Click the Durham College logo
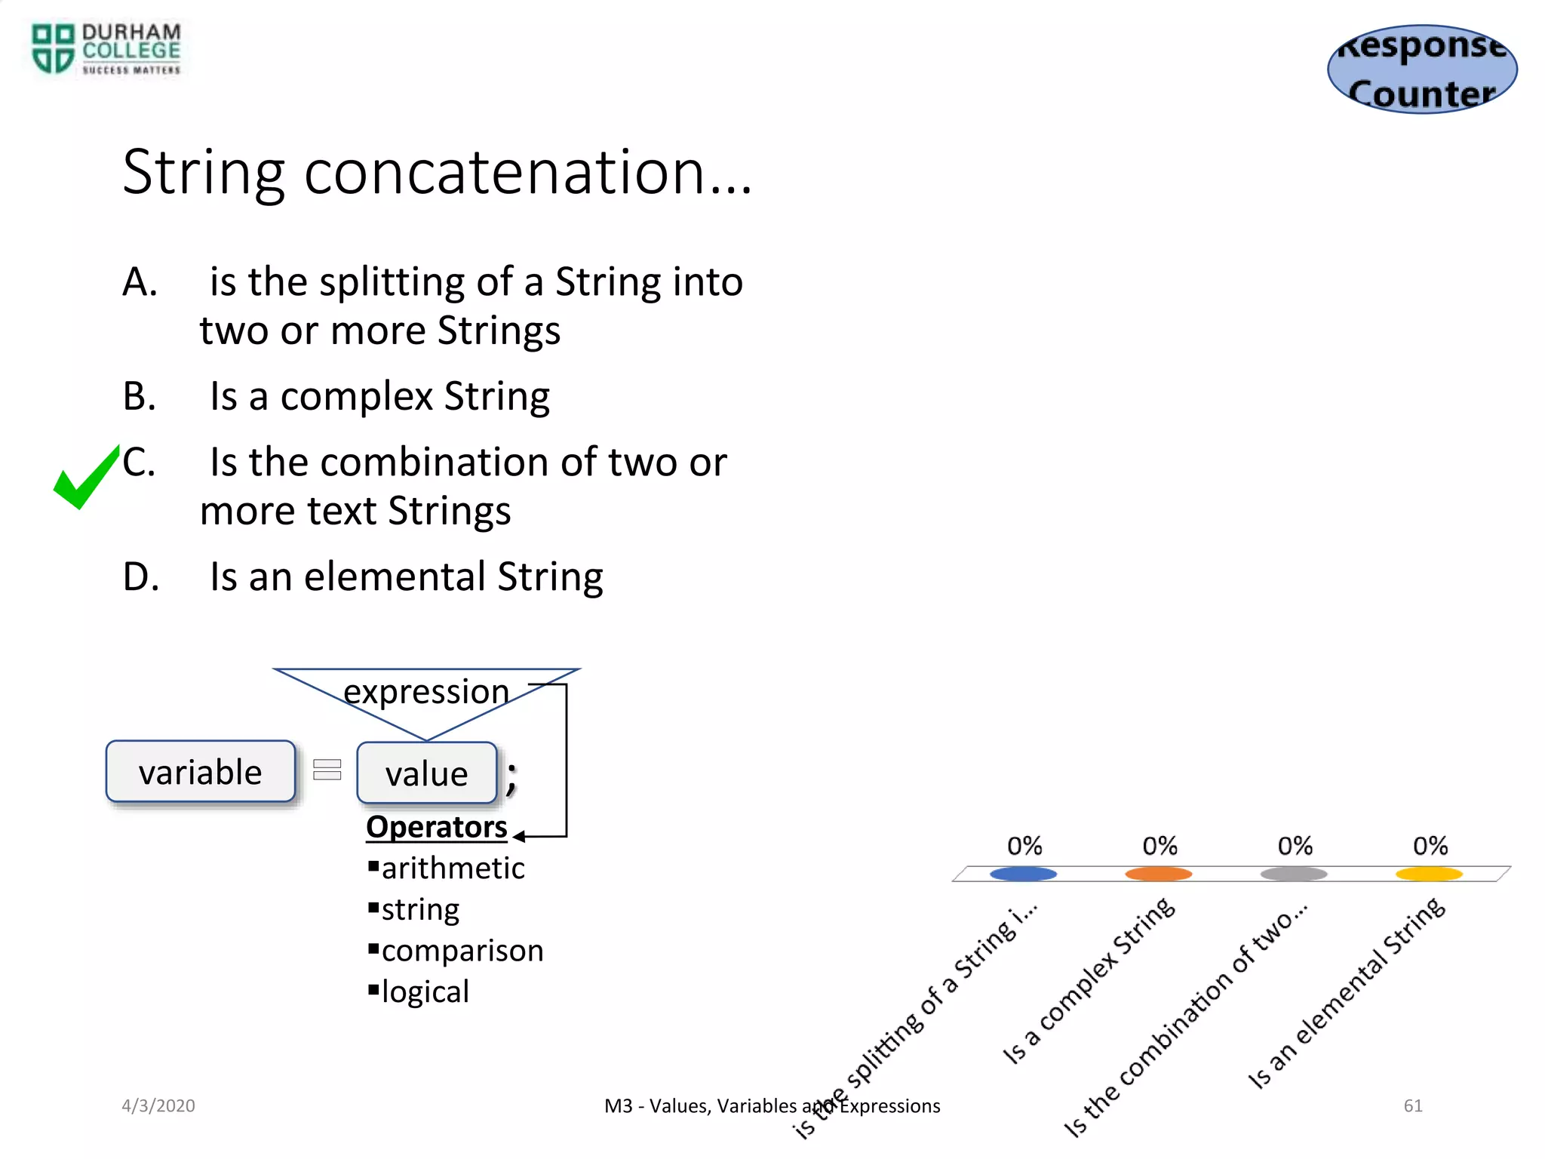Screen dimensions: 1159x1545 click(106, 49)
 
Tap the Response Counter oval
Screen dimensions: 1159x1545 click(1422, 69)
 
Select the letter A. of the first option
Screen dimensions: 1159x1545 click(140, 282)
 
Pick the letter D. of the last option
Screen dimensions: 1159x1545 click(141, 577)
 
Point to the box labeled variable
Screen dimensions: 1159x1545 click(201, 772)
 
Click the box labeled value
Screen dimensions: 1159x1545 click(426, 773)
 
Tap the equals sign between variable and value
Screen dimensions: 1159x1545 click(327, 770)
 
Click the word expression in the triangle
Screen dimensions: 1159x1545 click(426, 691)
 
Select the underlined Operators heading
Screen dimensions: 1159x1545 click(436, 827)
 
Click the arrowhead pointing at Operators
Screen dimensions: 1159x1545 click(519, 836)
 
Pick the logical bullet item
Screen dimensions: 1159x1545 click(425, 992)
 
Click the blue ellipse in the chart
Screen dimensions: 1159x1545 click(1023, 874)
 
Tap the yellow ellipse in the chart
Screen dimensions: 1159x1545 click(1429, 874)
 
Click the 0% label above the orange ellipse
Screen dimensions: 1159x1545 click(1160, 846)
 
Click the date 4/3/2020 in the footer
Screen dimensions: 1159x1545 click(158, 1105)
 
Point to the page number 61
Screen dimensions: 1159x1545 click(1413, 1105)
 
